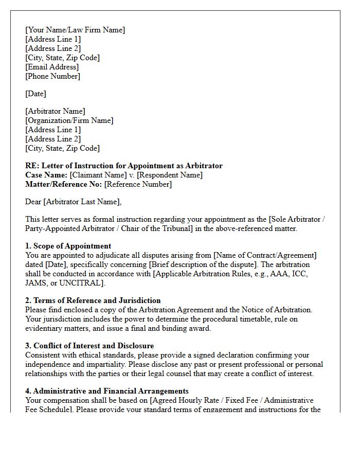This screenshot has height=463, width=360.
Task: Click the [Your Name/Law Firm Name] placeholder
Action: (x=75, y=30)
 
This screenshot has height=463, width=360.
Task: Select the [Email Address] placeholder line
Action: (x=52, y=67)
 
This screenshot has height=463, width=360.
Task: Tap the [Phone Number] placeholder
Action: (x=52, y=76)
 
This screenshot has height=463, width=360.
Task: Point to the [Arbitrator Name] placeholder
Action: (x=56, y=111)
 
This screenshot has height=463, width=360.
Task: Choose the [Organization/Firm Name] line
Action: (x=69, y=120)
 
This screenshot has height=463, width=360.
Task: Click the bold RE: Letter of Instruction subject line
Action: (x=124, y=166)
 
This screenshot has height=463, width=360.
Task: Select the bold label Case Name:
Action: (x=46, y=175)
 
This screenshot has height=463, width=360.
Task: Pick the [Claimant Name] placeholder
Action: (x=99, y=175)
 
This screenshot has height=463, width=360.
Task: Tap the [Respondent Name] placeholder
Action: (x=169, y=175)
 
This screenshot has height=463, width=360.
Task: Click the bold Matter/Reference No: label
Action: (x=64, y=184)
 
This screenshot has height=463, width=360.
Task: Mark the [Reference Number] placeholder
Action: (x=138, y=184)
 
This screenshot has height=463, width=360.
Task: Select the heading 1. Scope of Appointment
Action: (x=68, y=246)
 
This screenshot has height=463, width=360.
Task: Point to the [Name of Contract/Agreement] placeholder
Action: (x=265, y=255)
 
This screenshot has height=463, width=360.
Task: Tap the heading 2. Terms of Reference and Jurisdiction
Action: (x=93, y=300)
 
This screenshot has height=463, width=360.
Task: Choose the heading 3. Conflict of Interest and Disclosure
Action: (x=89, y=346)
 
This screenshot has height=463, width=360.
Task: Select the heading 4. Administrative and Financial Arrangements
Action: (x=107, y=391)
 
